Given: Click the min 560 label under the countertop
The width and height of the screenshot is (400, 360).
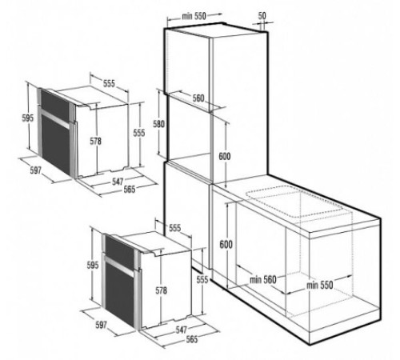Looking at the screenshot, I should (262, 278).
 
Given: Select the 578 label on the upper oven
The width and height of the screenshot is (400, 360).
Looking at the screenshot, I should (96, 142).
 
